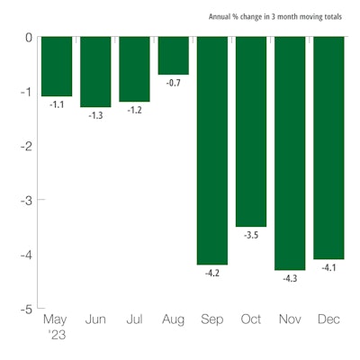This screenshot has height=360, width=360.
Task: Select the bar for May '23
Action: click(57, 67)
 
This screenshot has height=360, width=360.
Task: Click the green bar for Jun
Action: click(95, 72)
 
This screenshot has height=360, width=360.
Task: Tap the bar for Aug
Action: click(174, 56)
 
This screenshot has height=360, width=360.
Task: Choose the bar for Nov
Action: click(290, 153)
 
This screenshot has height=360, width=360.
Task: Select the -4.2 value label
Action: click(212, 272)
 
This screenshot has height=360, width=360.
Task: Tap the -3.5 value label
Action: click(251, 234)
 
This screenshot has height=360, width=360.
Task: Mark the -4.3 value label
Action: click(290, 278)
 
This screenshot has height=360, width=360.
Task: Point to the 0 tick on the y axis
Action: click(28, 38)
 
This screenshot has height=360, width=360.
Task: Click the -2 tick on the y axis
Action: click(25, 146)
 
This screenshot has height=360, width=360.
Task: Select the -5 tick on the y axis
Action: click(25, 308)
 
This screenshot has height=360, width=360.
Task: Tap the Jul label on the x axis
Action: click(134, 319)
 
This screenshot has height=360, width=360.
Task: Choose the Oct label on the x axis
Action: click(251, 319)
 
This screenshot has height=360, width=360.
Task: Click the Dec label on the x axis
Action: click(328, 319)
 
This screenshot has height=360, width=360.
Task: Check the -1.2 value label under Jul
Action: click(135, 109)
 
